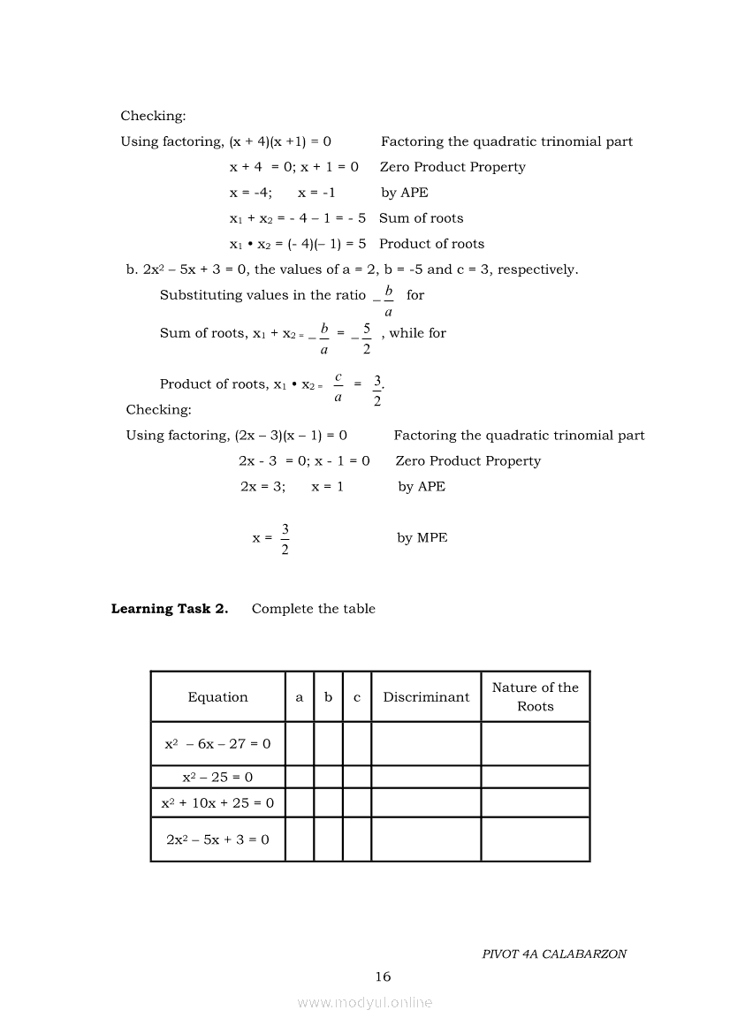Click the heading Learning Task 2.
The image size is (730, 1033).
pos(169,609)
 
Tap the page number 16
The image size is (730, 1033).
pos(382,976)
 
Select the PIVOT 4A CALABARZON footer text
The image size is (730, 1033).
pos(554,954)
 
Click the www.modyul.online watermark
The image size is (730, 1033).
pos(365,1002)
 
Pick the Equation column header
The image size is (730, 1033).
pos(217,697)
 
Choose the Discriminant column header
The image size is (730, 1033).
pos(426,697)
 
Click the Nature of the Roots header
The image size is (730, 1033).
pos(535,696)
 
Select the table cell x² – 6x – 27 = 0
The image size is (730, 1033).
pos(217,744)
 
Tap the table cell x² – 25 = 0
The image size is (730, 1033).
pos(217,778)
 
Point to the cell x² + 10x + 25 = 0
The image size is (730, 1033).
pos(217,803)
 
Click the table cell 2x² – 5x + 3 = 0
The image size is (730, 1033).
pos(217,839)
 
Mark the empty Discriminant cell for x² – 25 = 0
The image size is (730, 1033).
pos(426,778)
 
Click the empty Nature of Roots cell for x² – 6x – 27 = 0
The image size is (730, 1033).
pos(535,744)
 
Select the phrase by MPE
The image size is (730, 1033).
pos(422,538)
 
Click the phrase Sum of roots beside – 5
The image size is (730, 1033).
pos(421,218)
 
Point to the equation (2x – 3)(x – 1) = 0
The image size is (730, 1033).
pos(291,436)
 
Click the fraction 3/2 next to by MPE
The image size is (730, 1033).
pos(285,539)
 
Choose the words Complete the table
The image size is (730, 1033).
pos(314,609)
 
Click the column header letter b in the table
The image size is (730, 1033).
pos(328,697)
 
